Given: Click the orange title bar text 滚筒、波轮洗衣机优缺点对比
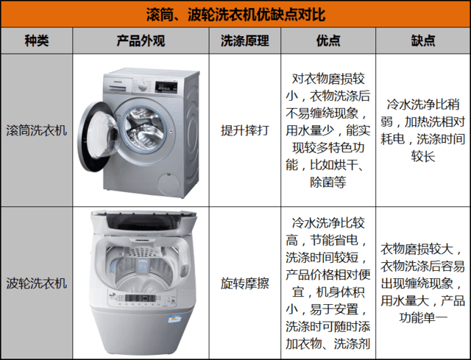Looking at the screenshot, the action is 235,14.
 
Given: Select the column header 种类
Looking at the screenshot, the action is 37,41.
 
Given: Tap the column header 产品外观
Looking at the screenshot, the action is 141,41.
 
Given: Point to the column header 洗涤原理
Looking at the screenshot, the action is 245,41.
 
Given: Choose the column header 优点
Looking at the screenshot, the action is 328,41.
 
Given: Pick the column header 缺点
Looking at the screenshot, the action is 423,41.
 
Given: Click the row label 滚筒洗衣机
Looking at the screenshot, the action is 37,131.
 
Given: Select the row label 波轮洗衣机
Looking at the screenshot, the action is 37,283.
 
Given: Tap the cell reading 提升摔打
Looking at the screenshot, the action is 245,131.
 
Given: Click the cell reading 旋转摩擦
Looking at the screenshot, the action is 245,283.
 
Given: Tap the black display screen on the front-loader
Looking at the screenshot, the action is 166,87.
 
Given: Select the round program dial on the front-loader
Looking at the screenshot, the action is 142,86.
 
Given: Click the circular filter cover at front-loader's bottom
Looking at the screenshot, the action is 169,184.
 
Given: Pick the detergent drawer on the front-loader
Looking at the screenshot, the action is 118,85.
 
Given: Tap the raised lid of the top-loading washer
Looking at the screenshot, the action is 144,222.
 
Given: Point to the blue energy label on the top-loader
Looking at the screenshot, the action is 175,319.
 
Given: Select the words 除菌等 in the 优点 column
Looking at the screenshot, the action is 328,182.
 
